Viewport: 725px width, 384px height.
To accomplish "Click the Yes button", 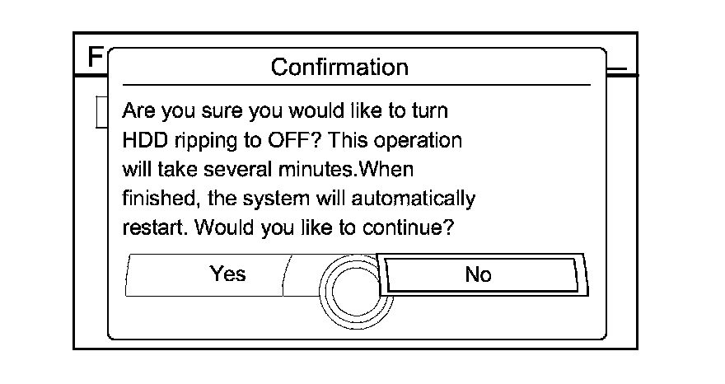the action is point(227,274).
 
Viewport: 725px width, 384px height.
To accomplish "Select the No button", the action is point(478,274).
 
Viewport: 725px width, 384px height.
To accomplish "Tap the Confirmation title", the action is point(339,66).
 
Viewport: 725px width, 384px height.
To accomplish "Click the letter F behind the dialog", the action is point(96,57).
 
